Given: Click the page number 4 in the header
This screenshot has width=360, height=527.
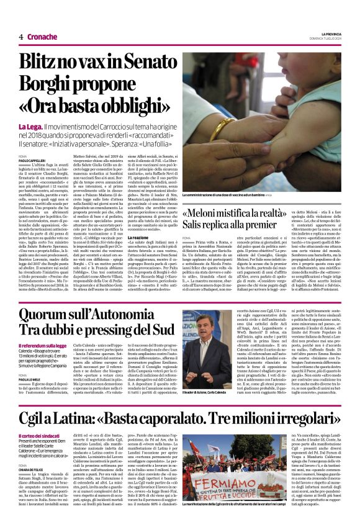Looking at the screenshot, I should pos(20,37).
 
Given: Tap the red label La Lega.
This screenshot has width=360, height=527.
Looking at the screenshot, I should pos(30,127).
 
